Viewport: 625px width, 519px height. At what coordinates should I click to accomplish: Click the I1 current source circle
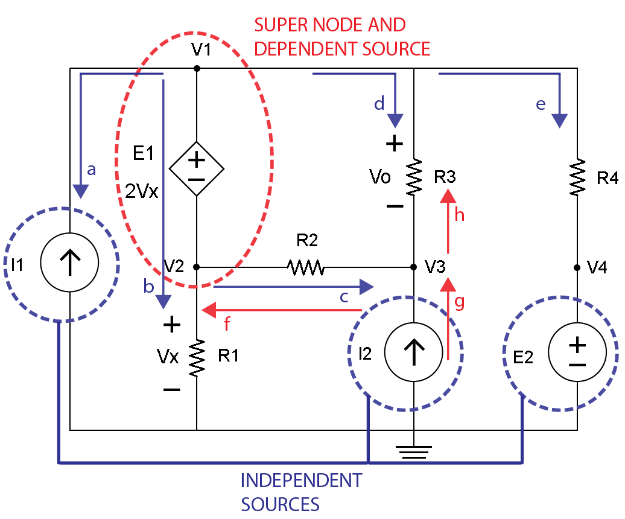tap(70, 263)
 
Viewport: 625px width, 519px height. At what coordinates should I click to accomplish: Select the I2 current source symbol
tap(413, 352)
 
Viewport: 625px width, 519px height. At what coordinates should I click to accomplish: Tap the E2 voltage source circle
tap(577, 352)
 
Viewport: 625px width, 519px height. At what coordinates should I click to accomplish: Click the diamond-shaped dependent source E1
tap(197, 169)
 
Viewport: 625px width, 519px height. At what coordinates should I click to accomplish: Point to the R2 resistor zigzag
tap(306, 267)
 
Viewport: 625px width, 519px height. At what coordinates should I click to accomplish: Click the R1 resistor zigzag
tap(197, 358)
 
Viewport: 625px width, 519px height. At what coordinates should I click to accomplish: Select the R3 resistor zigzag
tap(414, 177)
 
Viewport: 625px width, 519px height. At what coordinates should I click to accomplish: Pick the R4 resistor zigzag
tap(577, 177)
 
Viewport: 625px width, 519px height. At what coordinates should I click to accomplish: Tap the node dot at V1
tap(197, 69)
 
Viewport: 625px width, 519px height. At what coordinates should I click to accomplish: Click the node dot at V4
tap(577, 267)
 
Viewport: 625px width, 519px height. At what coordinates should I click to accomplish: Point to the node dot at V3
tap(413, 267)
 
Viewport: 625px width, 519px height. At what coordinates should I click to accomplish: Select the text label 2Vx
tap(142, 191)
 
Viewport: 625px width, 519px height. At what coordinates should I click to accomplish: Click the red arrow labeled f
tap(281, 310)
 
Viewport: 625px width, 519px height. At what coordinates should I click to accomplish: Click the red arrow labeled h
tap(448, 221)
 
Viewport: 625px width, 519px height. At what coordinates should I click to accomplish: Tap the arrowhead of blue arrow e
tap(560, 120)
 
